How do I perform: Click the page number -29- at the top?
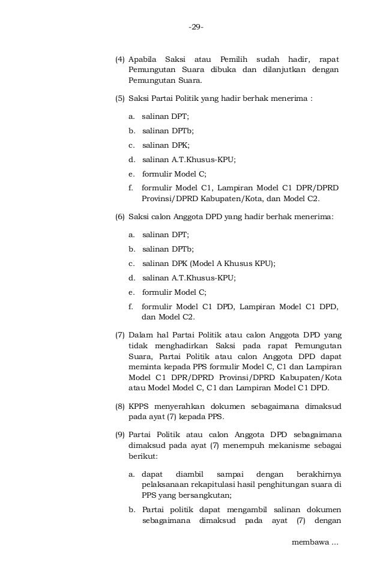pos(196,27)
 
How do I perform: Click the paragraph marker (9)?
pos(119,434)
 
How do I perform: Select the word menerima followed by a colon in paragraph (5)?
pos(291,98)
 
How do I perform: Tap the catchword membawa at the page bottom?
pos(310,542)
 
